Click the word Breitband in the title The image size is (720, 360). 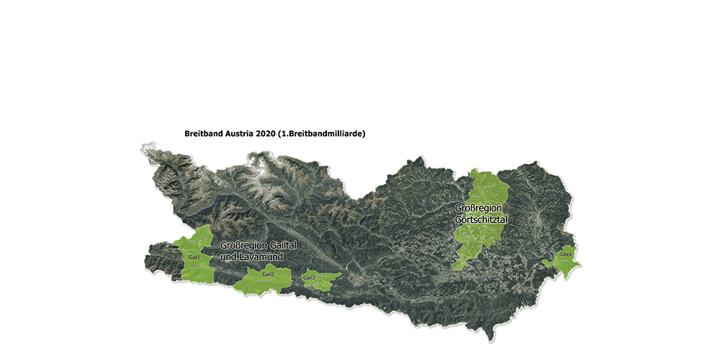(204, 134)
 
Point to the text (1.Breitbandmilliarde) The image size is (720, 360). (327, 134)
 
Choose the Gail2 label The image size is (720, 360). (269, 275)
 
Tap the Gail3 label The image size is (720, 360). (310, 278)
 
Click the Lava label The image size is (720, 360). (566, 255)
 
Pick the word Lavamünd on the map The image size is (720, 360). (261, 256)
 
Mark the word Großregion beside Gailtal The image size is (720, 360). (240, 246)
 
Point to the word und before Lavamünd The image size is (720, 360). (228, 256)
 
